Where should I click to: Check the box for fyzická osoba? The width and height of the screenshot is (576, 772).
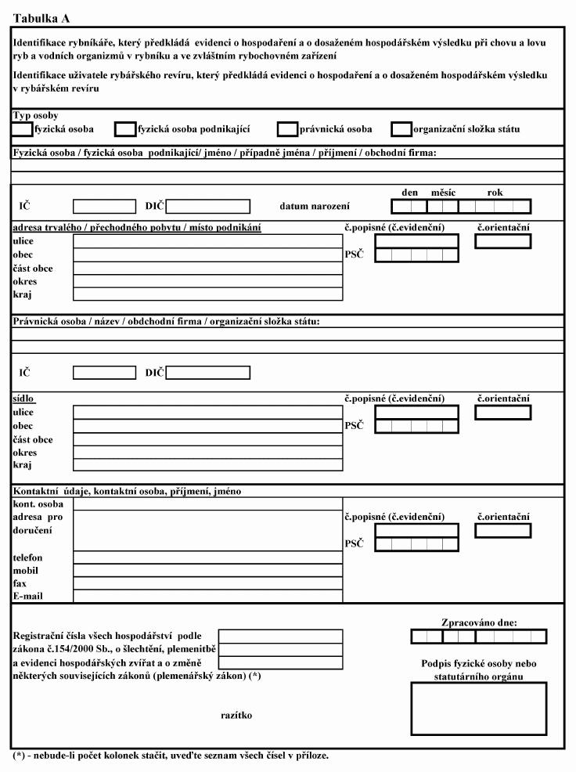coord(23,129)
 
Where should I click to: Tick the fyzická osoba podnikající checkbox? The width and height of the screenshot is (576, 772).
coord(125,129)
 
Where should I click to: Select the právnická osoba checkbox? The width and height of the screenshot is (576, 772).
coord(288,129)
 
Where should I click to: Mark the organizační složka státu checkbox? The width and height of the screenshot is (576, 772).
coord(401,129)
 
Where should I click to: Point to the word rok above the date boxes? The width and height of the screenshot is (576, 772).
coord(495,191)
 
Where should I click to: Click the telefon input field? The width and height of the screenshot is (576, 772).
coord(207,557)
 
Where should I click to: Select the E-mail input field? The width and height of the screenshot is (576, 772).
coord(207,596)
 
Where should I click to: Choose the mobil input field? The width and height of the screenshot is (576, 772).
coord(207,570)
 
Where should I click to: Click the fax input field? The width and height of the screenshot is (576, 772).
coord(207,583)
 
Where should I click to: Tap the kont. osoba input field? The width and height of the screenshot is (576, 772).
coord(207,504)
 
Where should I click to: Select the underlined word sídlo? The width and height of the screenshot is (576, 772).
coord(22,398)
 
